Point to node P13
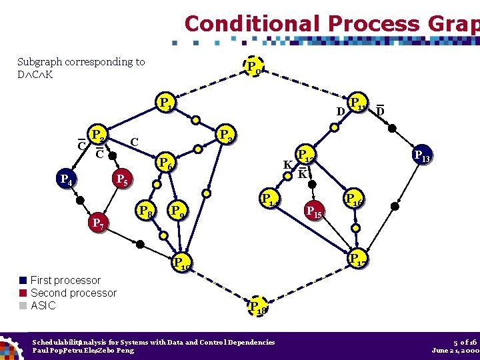coord(421,156)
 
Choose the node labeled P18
coord(255,307)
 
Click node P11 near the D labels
coord(359,105)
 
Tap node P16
coord(353,199)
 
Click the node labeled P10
coord(181,262)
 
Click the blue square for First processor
coord(23,281)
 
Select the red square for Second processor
coord(23,293)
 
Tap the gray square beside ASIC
coord(23,306)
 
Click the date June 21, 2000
coord(455,350)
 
